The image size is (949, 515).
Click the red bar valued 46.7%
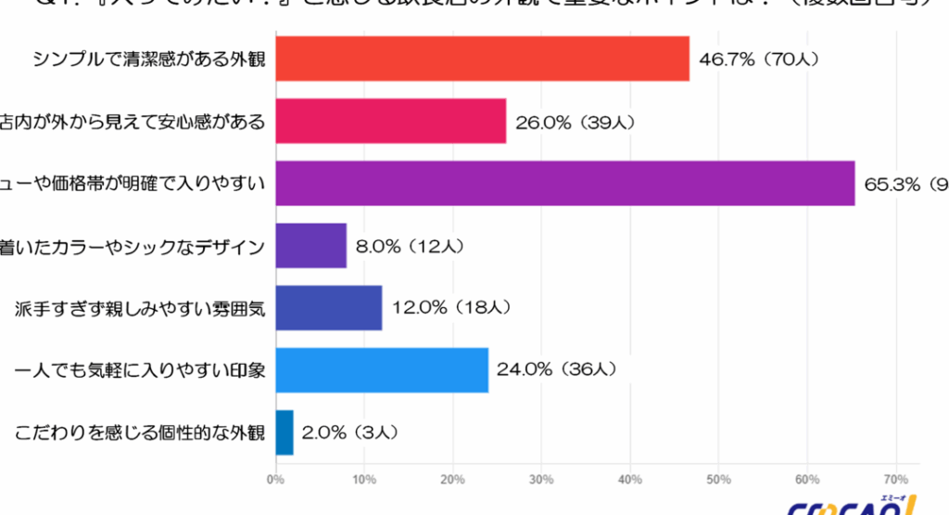coord(483,59)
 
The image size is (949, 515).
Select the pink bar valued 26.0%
coord(391,122)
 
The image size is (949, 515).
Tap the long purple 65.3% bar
coord(565,184)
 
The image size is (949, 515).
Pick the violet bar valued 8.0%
coord(311,246)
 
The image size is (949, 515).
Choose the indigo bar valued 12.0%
coord(329,308)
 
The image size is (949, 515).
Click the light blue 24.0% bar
coord(382,370)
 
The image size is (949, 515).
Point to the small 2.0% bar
coord(285,432)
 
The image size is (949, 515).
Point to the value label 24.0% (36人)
coord(556,370)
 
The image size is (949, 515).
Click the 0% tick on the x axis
coord(275,480)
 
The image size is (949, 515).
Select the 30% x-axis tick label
coord(541,480)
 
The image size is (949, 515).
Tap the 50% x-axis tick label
coord(718,480)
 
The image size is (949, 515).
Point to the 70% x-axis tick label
coord(895,480)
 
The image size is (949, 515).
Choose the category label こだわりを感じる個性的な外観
coord(141,432)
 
